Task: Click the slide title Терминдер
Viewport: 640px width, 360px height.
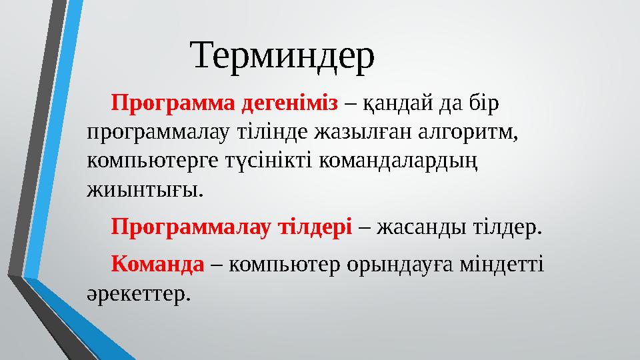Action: coord(283,56)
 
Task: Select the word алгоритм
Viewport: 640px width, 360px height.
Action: coord(474,132)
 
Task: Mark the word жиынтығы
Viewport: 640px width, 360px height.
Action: coord(143,190)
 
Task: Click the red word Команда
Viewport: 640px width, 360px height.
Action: coord(157,264)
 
